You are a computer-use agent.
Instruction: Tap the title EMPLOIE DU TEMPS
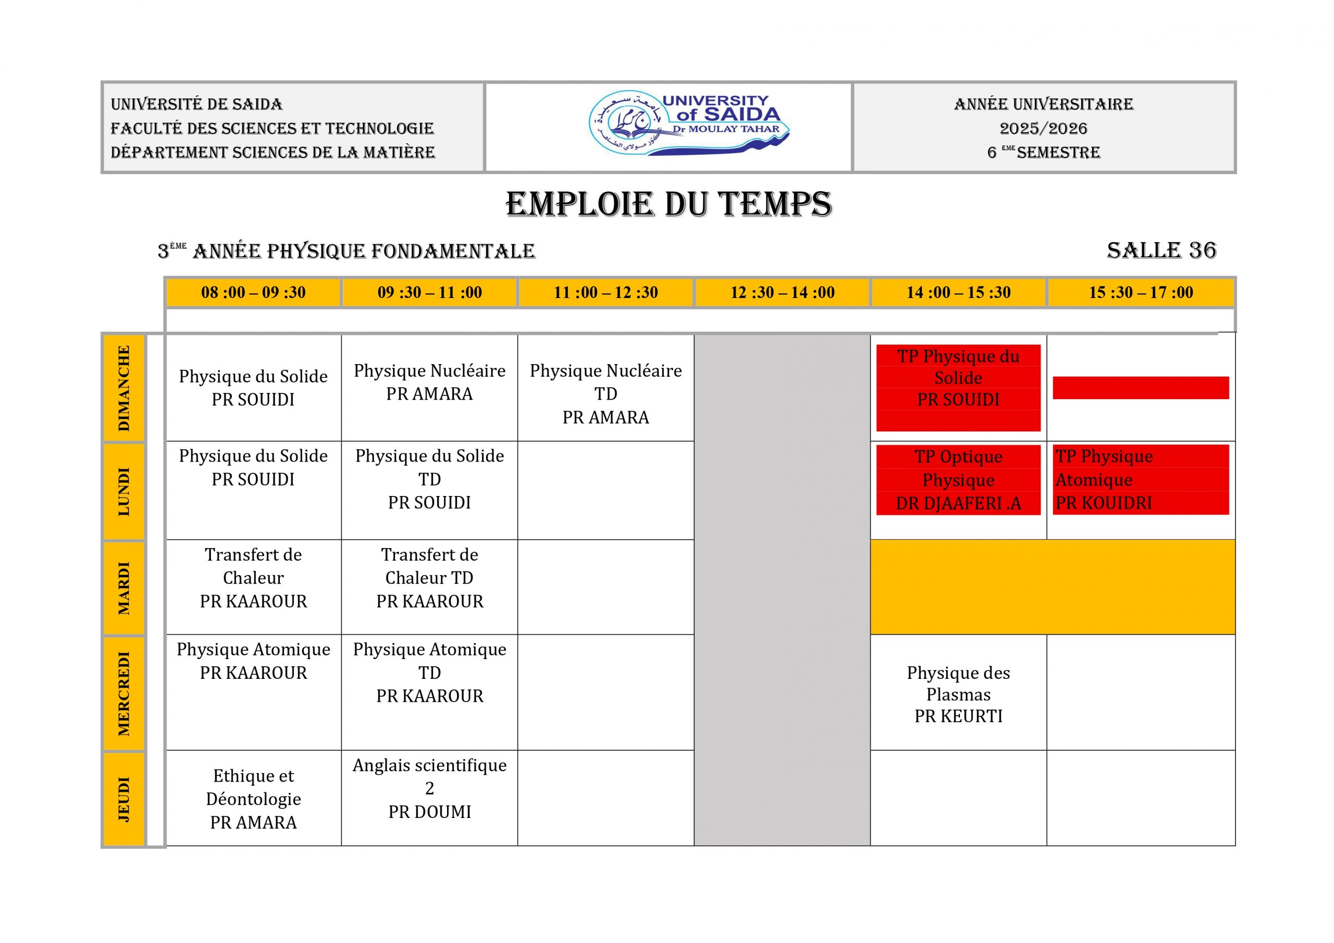click(668, 205)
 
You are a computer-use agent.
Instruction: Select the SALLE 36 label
click(1161, 251)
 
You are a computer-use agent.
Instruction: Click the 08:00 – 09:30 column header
click(253, 292)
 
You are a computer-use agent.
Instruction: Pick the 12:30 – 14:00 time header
click(782, 292)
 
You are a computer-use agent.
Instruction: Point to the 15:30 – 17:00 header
click(1141, 292)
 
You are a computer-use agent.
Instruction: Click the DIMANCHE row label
click(123, 388)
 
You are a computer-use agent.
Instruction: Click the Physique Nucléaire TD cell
click(606, 393)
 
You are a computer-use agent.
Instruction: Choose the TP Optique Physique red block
click(958, 479)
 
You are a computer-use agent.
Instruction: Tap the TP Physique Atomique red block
click(1140, 479)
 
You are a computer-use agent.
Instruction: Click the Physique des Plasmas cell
click(958, 694)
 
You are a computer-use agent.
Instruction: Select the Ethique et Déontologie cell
click(253, 798)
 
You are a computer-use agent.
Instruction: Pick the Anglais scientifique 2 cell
click(429, 788)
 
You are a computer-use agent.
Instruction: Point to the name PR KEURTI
click(958, 716)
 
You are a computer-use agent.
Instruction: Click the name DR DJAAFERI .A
click(958, 503)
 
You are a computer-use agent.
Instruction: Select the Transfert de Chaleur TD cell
click(429, 578)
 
